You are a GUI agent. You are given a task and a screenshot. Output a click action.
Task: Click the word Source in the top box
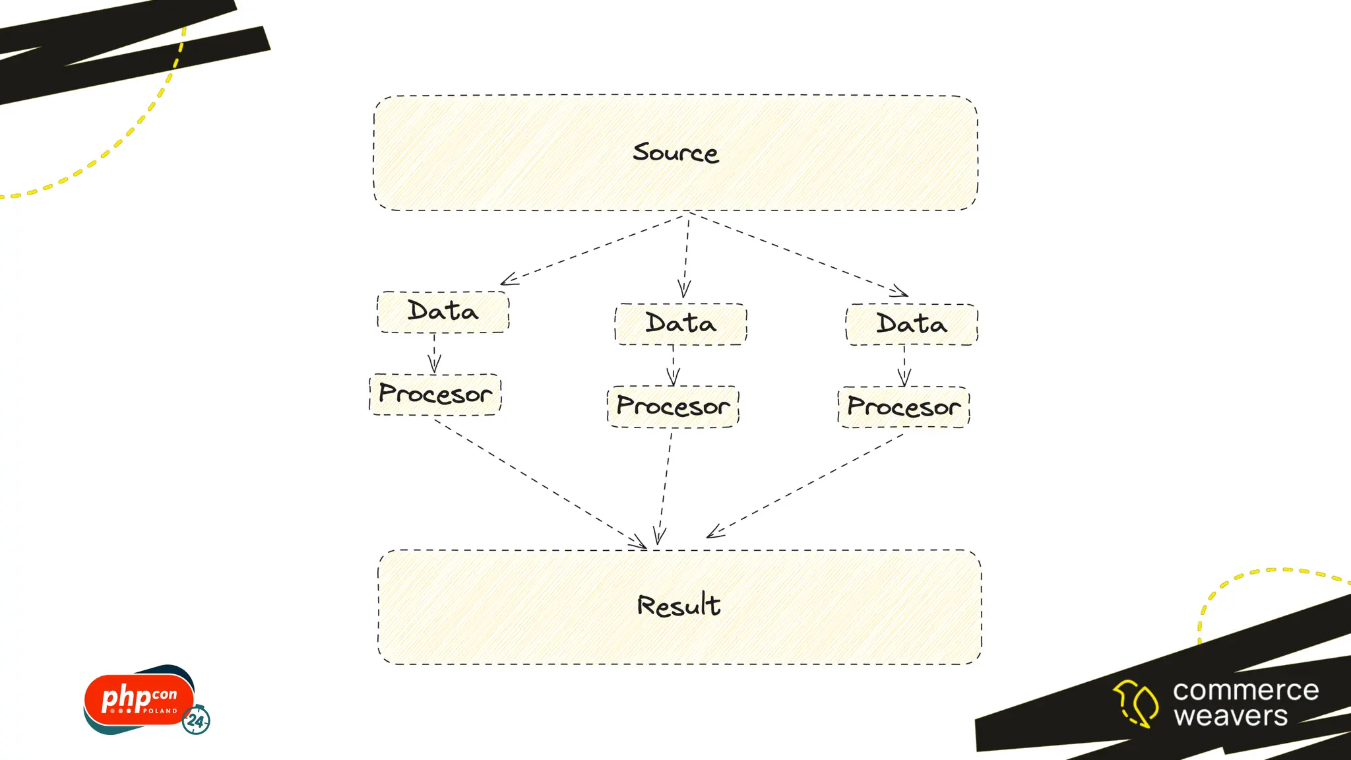pyautogui.click(x=675, y=152)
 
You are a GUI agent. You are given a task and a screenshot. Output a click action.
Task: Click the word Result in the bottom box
pyautogui.click(x=679, y=606)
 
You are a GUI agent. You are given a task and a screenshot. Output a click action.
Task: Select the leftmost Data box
pyautogui.click(x=443, y=311)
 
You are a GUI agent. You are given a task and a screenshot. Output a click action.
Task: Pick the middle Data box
pyautogui.click(x=681, y=324)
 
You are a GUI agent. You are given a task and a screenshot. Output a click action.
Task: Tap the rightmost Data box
pyautogui.click(x=912, y=324)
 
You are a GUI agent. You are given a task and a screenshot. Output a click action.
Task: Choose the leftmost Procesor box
pyautogui.click(x=435, y=395)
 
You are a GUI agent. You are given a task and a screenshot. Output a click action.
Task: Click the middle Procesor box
pyautogui.click(x=673, y=406)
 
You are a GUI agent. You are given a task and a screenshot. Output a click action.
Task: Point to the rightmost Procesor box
pyautogui.click(x=904, y=407)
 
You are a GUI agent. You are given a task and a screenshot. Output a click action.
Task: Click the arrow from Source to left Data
pyautogui.click(x=594, y=249)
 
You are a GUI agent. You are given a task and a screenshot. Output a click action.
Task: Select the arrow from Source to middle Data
pyautogui.click(x=686, y=254)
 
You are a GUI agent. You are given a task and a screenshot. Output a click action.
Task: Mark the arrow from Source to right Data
pyautogui.click(x=798, y=253)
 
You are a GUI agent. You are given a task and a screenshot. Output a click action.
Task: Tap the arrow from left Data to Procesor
pyautogui.click(x=434, y=353)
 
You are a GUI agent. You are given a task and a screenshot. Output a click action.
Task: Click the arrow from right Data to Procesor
pyautogui.click(x=904, y=365)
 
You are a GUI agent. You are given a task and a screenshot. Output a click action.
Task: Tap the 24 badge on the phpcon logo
pyautogui.click(x=196, y=720)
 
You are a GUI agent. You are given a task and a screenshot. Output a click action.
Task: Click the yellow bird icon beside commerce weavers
pyautogui.click(x=1135, y=703)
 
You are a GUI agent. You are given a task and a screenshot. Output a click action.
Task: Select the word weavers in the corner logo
pyautogui.click(x=1230, y=716)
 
